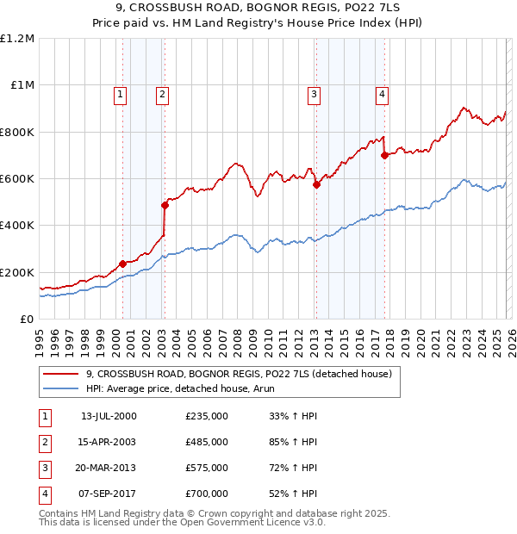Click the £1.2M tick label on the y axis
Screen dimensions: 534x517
coord(17,39)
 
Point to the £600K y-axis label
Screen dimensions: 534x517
coord(17,179)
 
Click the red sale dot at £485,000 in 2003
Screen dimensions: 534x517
coord(165,205)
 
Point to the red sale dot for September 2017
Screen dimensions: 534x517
coord(384,155)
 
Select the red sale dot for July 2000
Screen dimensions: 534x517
coord(123,264)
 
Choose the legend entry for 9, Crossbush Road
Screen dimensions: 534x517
coord(239,374)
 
